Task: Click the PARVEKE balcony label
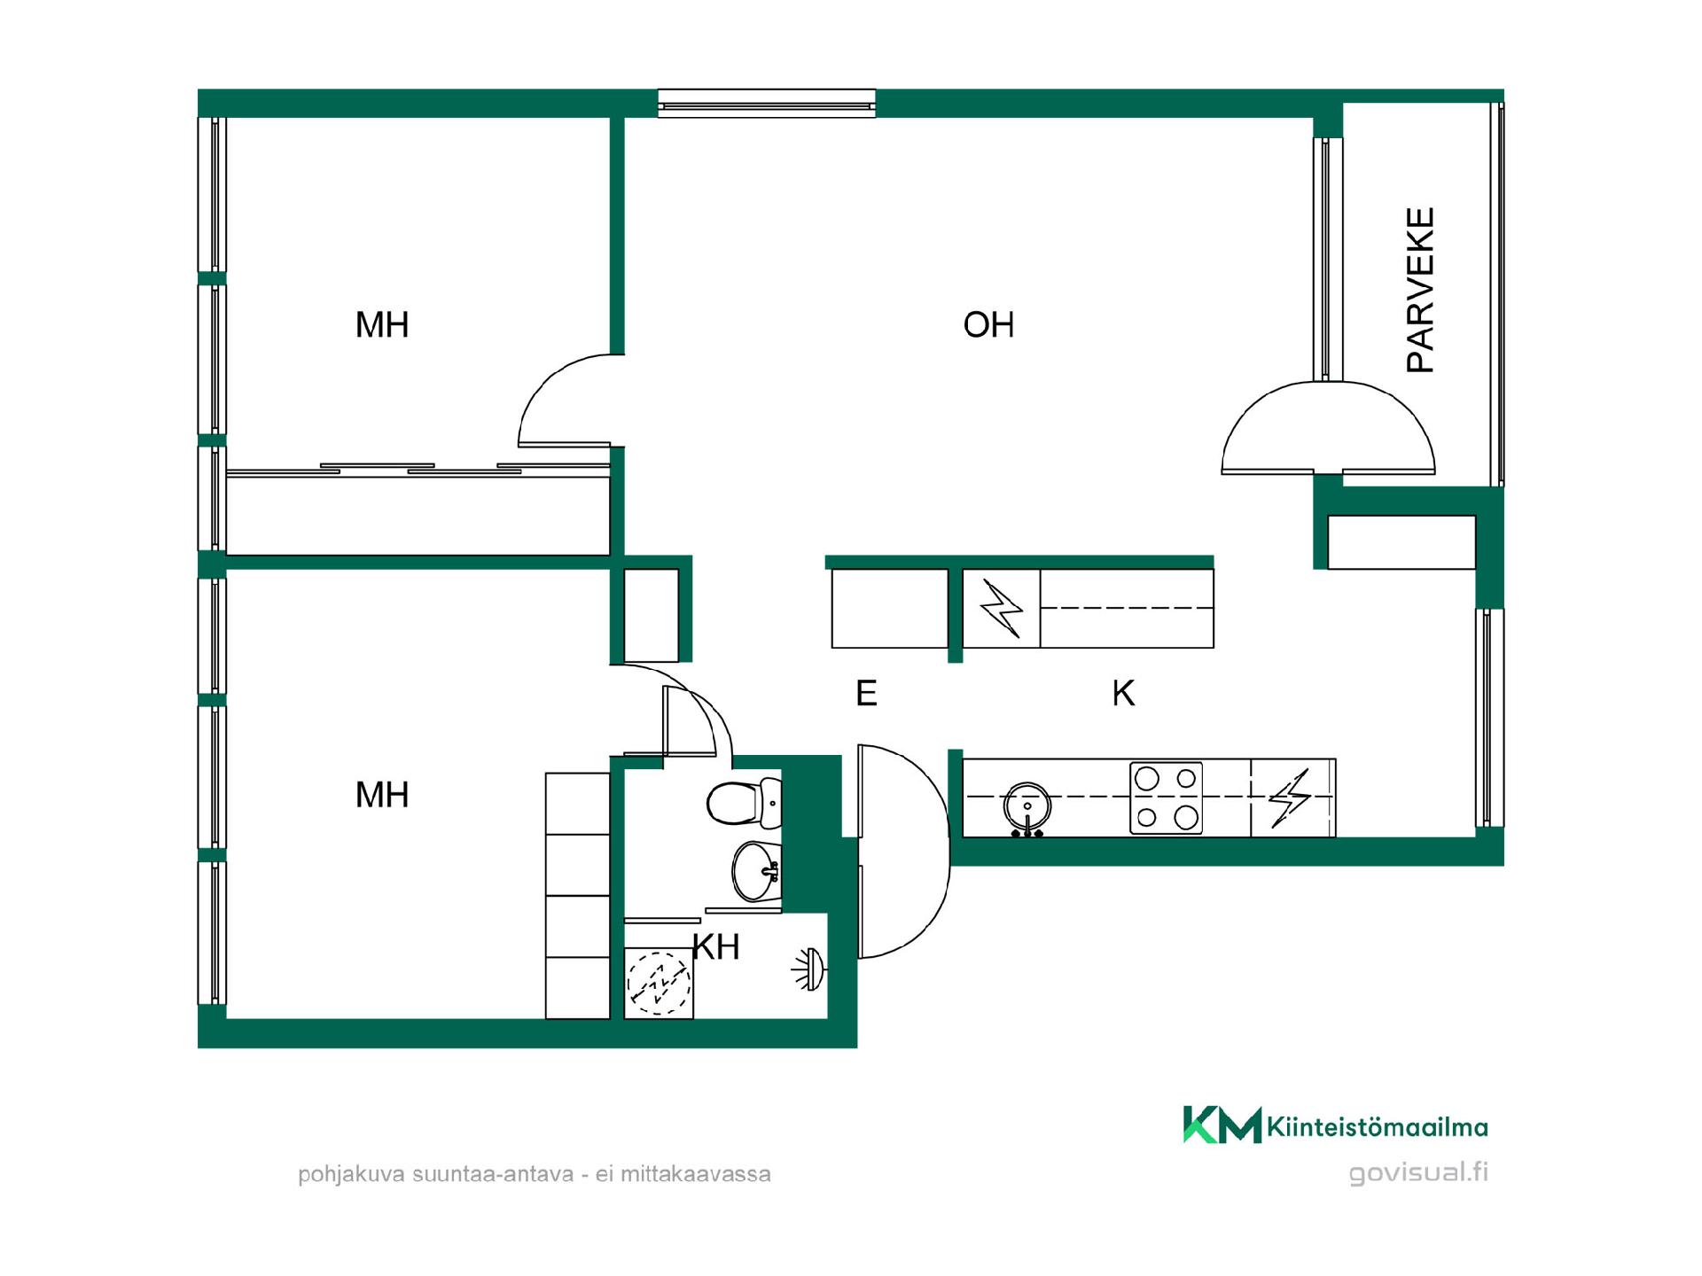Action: (x=1420, y=290)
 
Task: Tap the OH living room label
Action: (x=988, y=325)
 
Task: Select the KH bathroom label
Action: (x=716, y=947)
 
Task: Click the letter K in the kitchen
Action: (x=1123, y=693)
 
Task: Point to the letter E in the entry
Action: (x=866, y=693)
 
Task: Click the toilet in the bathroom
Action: (x=745, y=803)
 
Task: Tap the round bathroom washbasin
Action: (x=756, y=871)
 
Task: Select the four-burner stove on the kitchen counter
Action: (x=1166, y=797)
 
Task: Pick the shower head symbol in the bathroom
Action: (x=808, y=969)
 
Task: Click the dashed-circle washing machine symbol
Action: (x=659, y=983)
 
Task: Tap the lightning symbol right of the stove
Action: (x=1289, y=798)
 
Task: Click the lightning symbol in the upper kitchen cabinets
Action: (x=1001, y=609)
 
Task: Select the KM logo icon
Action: (x=1222, y=1124)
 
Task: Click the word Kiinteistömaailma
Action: (x=1378, y=1127)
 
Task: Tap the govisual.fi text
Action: (x=1418, y=1172)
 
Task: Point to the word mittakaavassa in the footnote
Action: (x=696, y=1174)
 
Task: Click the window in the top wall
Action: (x=767, y=104)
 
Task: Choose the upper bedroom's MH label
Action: (x=382, y=325)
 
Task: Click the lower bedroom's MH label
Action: (x=382, y=795)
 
